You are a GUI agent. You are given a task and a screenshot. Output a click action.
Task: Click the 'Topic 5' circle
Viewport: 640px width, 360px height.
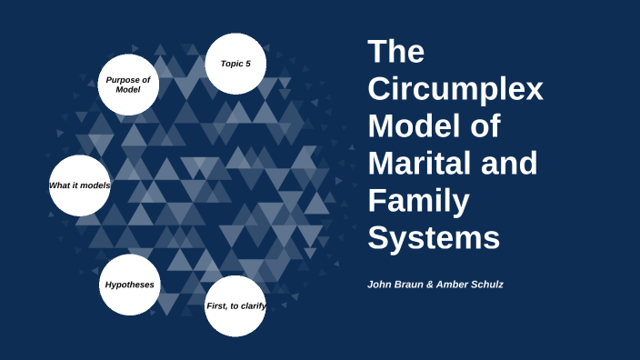pyautogui.click(x=235, y=64)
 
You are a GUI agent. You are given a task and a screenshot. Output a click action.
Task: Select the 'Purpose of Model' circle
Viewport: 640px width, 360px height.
pyautogui.click(x=128, y=85)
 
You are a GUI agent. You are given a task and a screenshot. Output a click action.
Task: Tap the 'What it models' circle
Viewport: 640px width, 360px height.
pyautogui.click(x=79, y=185)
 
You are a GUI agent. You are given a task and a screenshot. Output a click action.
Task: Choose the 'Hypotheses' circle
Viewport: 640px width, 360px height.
pyautogui.click(x=129, y=285)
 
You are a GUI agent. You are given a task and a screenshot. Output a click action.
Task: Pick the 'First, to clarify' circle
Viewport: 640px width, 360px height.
pyautogui.click(x=235, y=305)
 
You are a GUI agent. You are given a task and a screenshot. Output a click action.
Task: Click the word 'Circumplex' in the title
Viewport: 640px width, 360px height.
pyautogui.click(x=455, y=90)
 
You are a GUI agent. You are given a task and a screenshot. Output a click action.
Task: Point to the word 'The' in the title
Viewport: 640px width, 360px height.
pyautogui.click(x=396, y=52)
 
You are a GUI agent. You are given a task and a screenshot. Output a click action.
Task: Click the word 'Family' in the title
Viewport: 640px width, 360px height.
pyautogui.click(x=420, y=201)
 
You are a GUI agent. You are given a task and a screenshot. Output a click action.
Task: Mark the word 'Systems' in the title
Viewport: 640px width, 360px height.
pyautogui.click(x=434, y=238)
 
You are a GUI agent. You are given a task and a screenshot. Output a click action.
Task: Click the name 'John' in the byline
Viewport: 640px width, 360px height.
pyautogui.click(x=380, y=285)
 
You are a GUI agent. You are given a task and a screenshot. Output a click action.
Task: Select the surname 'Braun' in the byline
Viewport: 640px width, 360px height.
pyautogui.click(x=416, y=285)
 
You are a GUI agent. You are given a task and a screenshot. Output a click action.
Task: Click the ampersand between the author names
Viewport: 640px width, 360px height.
pyautogui.click(x=443, y=285)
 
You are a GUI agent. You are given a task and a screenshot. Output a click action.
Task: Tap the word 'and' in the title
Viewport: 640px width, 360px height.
pyautogui.click(x=515, y=164)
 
